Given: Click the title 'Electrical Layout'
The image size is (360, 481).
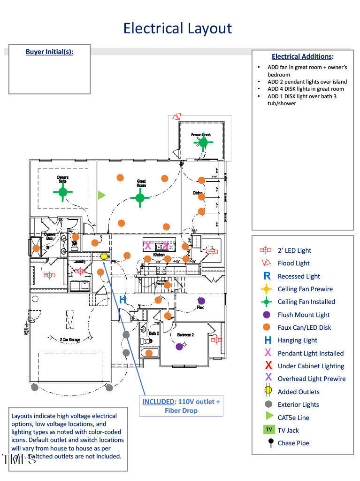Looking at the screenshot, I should click(x=177, y=28).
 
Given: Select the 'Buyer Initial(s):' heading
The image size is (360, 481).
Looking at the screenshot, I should click(x=49, y=52).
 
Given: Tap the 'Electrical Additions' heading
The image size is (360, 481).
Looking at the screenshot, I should click(x=302, y=56).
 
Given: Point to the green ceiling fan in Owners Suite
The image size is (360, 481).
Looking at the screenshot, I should click(x=63, y=192).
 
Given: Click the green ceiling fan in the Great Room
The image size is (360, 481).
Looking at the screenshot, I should click(x=139, y=198).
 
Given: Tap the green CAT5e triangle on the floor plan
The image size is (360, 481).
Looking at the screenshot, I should click(x=102, y=195).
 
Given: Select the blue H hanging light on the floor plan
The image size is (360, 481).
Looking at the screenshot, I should click(x=123, y=300).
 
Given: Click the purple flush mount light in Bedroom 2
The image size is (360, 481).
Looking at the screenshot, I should click(x=179, y=347).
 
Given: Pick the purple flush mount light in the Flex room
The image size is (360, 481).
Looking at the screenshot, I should click(x=201, y=301).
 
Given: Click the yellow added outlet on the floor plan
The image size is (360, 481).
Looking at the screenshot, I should click(x=104, y=256).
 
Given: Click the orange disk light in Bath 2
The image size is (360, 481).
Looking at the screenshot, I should click(x=149, y=353).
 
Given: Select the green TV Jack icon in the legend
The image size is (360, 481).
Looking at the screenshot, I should click(x=268, y=429).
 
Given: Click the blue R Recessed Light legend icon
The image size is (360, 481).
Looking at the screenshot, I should click(x=267, y=276).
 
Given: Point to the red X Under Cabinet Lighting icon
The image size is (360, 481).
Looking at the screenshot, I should click(x=268, y=365).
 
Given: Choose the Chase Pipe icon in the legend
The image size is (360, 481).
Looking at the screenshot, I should click(x=270, y=442).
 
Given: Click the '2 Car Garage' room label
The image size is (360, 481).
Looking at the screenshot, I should click(x=70, y=339).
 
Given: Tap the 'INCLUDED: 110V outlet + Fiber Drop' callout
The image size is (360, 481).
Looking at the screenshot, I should click(x=181, y=406).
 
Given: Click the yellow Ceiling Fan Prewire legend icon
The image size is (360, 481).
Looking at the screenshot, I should click(x=267, y=289).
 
